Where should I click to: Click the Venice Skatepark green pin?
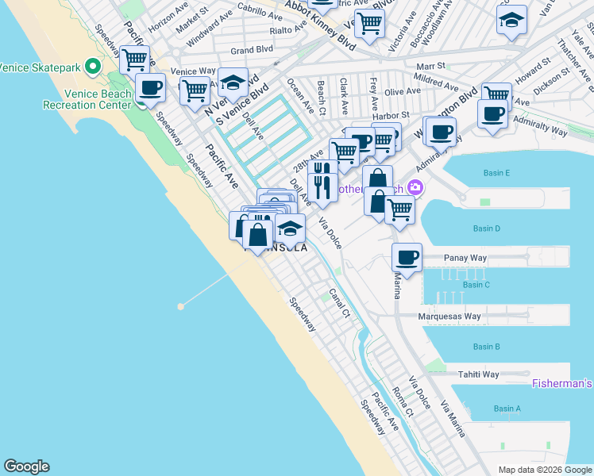[x=92, y=66]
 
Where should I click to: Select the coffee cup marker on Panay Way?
[x=407, y=258]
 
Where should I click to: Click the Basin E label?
[x=497, y=173]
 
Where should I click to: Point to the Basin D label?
[x=486, y=228]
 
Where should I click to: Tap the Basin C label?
[x=476, y=284]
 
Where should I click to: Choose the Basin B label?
[x=486, y=347]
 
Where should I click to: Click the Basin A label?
[x=507, y=409]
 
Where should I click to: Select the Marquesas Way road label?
[x=449, y=317]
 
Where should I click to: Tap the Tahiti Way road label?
[x=478, y=374]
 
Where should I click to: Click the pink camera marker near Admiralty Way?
[x=415, y=187]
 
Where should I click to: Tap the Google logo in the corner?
[x=26, y=466]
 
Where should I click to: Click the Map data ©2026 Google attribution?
[x=545, y=470]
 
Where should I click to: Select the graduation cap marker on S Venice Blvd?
[x=233, y=83]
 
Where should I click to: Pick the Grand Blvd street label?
[x=252, y=50]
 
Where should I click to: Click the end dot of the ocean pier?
[x=181, y=305]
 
